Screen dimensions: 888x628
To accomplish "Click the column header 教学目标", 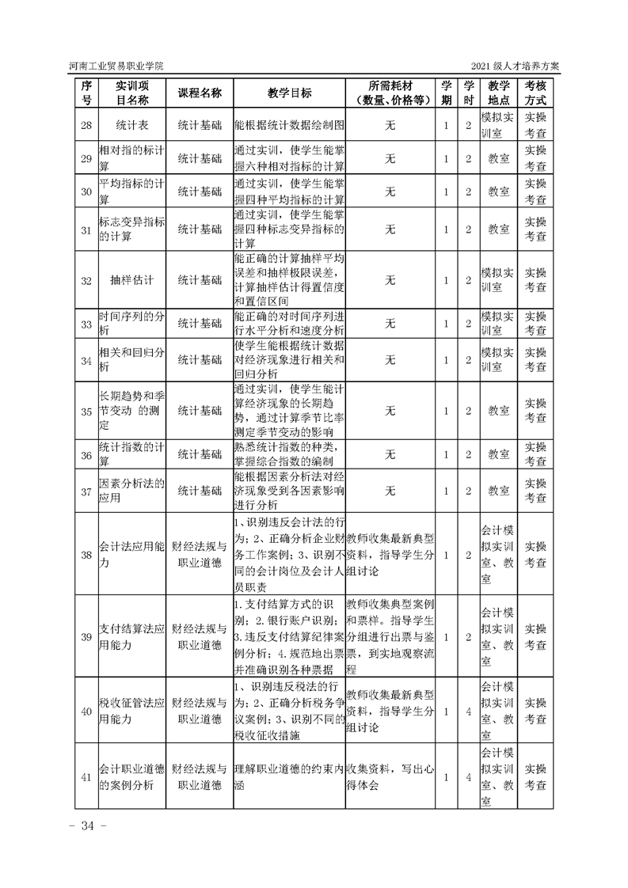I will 289,93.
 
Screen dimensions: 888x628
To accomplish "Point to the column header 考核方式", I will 535,93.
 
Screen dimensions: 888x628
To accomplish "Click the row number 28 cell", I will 87,125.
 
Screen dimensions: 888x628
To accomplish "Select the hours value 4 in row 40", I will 469,712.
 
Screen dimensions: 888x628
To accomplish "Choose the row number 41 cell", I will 87,777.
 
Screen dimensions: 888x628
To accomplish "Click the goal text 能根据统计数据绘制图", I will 289,125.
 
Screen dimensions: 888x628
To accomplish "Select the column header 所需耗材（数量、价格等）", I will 390,93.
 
